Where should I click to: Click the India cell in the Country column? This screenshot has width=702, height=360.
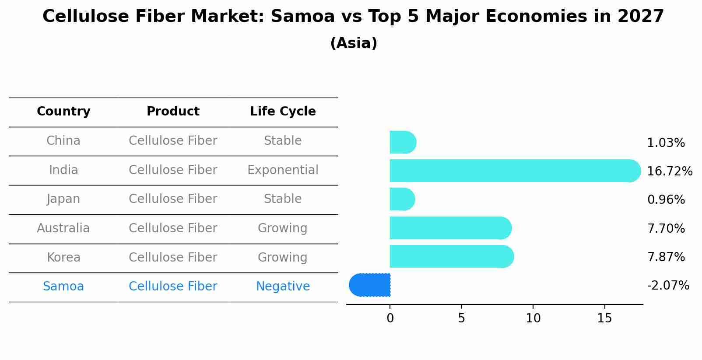(x=63, y=170)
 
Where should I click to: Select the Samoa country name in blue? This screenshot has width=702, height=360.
(x=63, y=287)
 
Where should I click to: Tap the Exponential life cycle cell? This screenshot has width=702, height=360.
(x=283, y=170)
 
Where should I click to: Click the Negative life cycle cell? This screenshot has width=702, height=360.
(x=283, y=287)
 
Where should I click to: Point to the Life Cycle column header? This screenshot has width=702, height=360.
(x=283, y=112)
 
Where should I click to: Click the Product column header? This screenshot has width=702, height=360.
(x=173, y=112)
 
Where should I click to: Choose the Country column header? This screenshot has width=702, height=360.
(x=63, y=112)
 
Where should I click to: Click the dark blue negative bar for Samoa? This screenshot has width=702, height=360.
(x=370, y=285)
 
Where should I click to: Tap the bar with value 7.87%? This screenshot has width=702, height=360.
(x=451, y=256)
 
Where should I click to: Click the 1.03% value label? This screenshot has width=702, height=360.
(x=666, y=143)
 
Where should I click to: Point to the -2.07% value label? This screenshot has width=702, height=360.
(x=668, y=286)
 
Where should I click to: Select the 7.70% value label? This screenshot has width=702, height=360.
(x=666, y=228)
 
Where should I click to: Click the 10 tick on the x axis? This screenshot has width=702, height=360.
(x=533, y=318)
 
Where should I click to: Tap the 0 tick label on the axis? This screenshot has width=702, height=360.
(x=390, y=318)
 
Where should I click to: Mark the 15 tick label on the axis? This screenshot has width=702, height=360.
(x=604, y=318)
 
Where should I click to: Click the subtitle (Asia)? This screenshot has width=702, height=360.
(x=354, y=43)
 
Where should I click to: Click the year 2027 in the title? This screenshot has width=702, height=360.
(x=641, y=17)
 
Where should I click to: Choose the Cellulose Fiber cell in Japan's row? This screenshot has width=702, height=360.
(x=173, y=199)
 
